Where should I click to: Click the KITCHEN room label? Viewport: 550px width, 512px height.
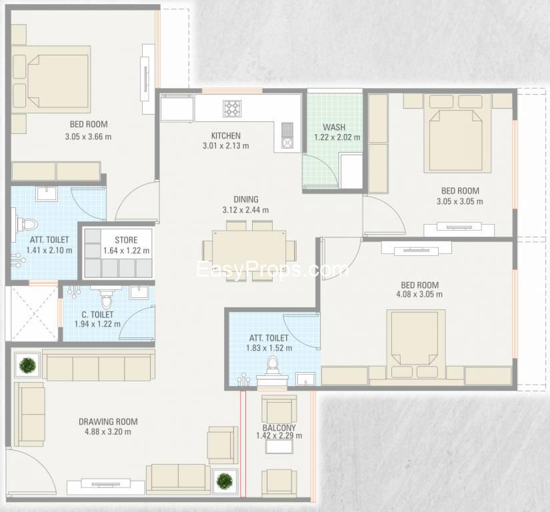pos(226,136)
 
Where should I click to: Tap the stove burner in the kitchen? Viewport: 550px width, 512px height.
pos(232,109)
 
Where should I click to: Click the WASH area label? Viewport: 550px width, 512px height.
pos(334,127)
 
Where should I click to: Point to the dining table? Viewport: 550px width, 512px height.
pos(249,245)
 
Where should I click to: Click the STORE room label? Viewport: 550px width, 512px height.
pos(126,240)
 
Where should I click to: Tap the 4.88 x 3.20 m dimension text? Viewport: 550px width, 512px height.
pos(108,432)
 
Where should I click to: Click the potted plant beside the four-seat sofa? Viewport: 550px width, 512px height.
pos(27,365)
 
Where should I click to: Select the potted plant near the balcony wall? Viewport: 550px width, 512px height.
pos(225,481)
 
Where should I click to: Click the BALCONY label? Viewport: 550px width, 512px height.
pos(279,427)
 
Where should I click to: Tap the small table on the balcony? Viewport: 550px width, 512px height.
pos(279,446)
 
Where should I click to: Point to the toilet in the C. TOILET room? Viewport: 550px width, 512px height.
pos(106,299)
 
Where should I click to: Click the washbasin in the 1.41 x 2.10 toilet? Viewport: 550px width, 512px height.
pos(47,194)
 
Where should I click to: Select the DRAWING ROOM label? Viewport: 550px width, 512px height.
pos(108,421)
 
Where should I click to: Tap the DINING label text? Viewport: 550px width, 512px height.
pos(246,199)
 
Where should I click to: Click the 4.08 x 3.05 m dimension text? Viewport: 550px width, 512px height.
pos(419,294)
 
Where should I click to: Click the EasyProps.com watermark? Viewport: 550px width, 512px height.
pos(273,270)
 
